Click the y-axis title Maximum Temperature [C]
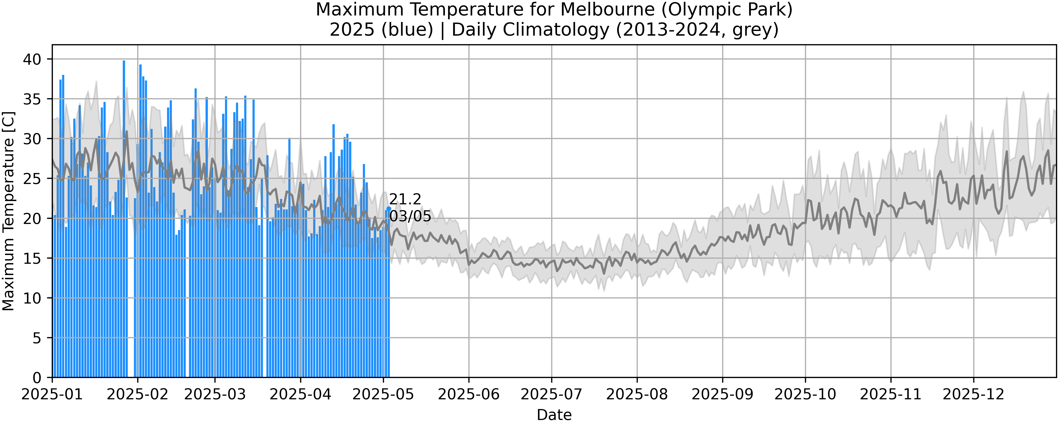pos(8,211)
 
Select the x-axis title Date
pos(554,415)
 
